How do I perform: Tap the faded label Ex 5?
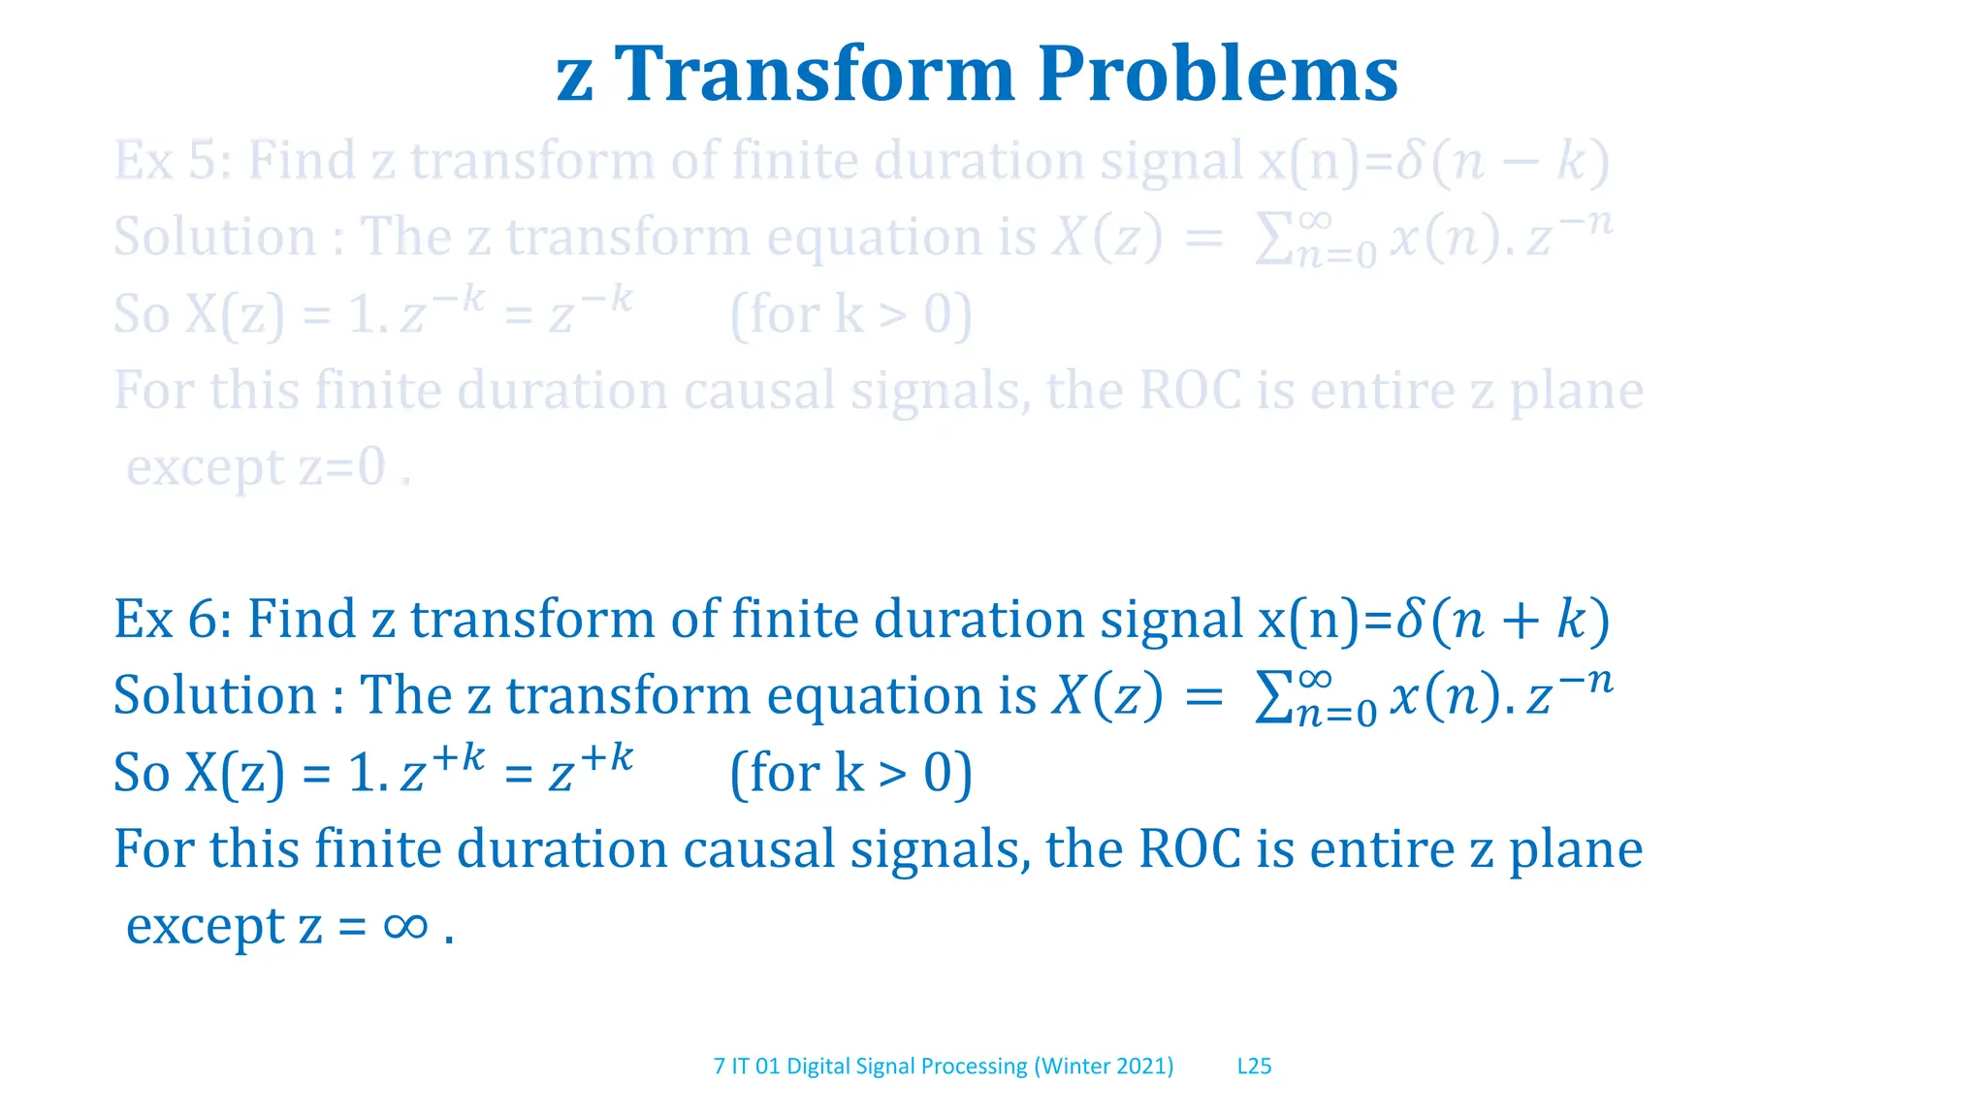coord(172,160)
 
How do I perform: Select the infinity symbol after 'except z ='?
coord(405,927)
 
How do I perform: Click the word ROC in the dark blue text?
coord(1189,849)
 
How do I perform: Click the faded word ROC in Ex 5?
coord(1189,391)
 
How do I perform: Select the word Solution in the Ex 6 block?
coord(214,696)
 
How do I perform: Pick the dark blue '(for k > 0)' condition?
coord(850,774)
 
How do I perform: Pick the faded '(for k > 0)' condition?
coord(850,315)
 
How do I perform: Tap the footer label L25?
coord(1254,1067)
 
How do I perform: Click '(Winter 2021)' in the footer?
coord(1104,1067)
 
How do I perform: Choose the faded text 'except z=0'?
coord(257,468)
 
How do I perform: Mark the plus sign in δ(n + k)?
coord(1520,621)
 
